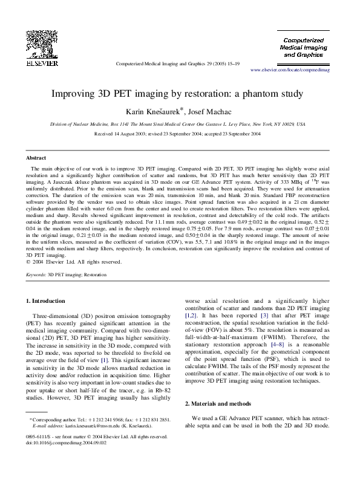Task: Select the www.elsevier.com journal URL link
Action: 295,70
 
